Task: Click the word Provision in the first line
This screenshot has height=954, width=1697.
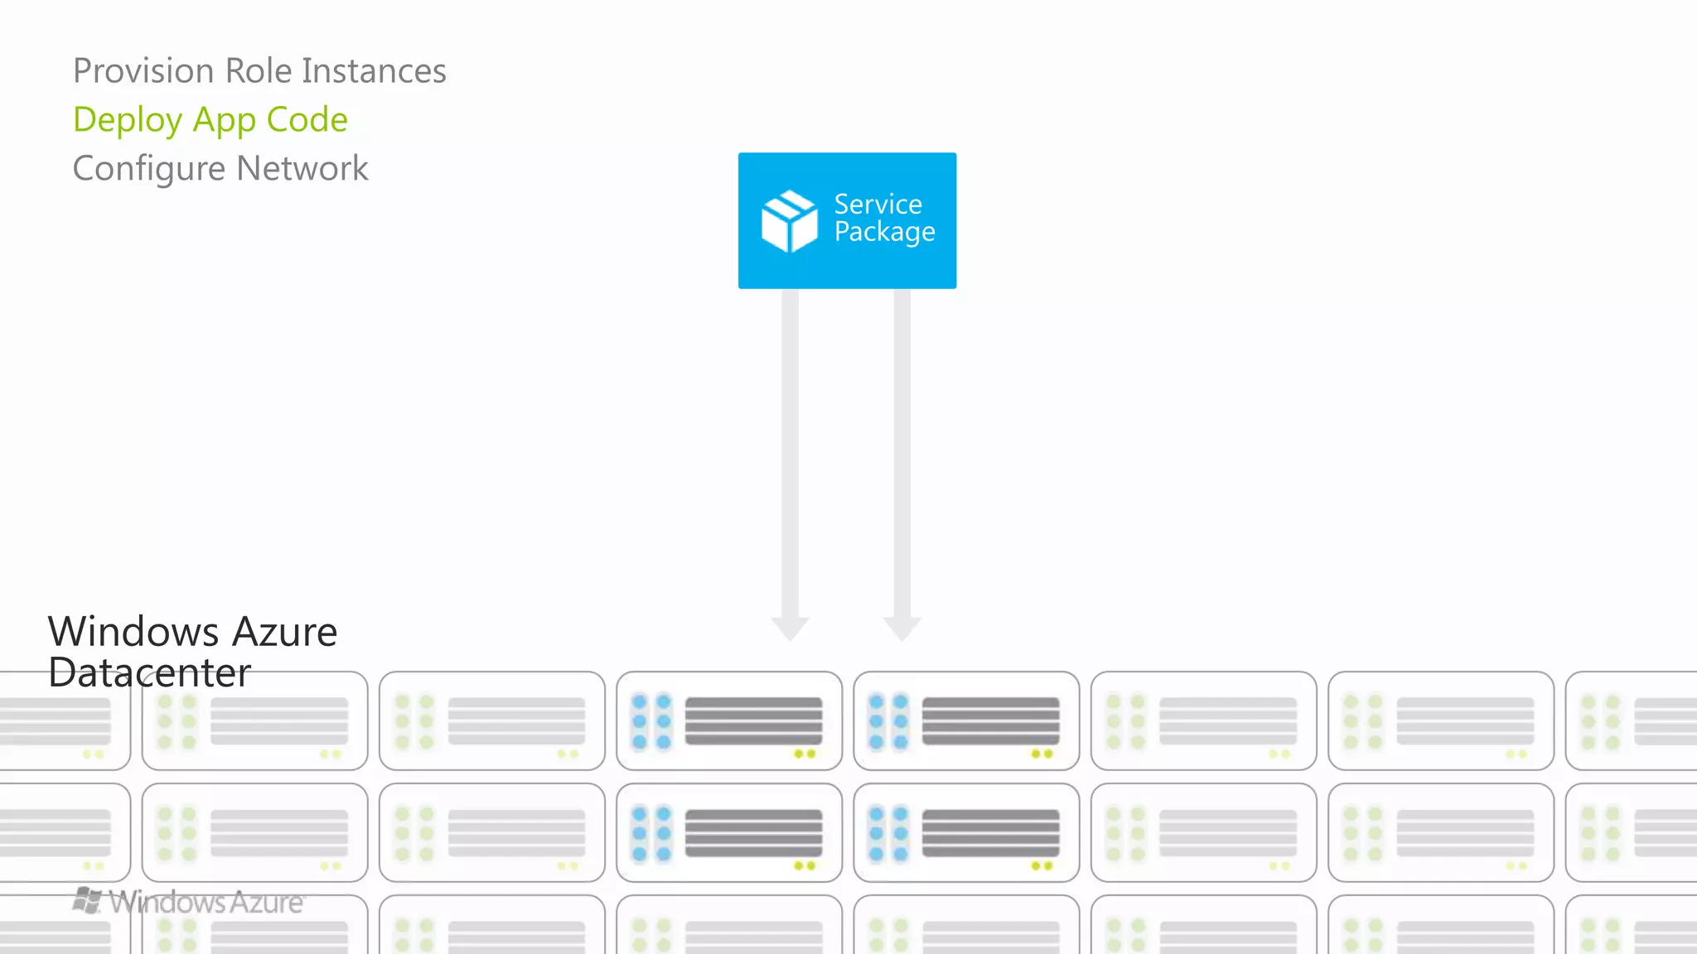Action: tap(143, 71)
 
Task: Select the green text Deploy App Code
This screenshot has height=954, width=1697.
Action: tap(210, 120)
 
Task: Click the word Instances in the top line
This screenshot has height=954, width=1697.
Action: tap(374, 71)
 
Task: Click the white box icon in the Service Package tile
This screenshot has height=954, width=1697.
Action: tap(788, 221)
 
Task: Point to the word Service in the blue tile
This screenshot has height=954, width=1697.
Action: tap(878, 204)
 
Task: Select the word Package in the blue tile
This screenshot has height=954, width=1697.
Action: tap(884, 233)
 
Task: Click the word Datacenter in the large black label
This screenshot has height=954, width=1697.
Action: tap(149, 672)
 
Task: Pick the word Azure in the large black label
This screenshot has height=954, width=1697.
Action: tap(284, 632)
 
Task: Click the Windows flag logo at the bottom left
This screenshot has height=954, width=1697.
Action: tap(87, 900)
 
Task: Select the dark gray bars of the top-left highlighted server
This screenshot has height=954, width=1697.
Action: tap(753, 720)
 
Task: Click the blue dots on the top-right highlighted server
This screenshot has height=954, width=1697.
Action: tap(888, 721)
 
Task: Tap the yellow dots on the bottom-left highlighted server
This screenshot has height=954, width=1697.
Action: tap(805, 865)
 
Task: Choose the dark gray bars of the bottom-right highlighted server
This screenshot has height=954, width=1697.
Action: tap(990, 832)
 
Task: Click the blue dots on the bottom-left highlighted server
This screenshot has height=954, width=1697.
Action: tap(651, 833)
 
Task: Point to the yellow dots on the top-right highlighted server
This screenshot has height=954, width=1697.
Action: tap(1042, 754)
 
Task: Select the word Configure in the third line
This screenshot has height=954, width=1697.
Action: tap(148, 169)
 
